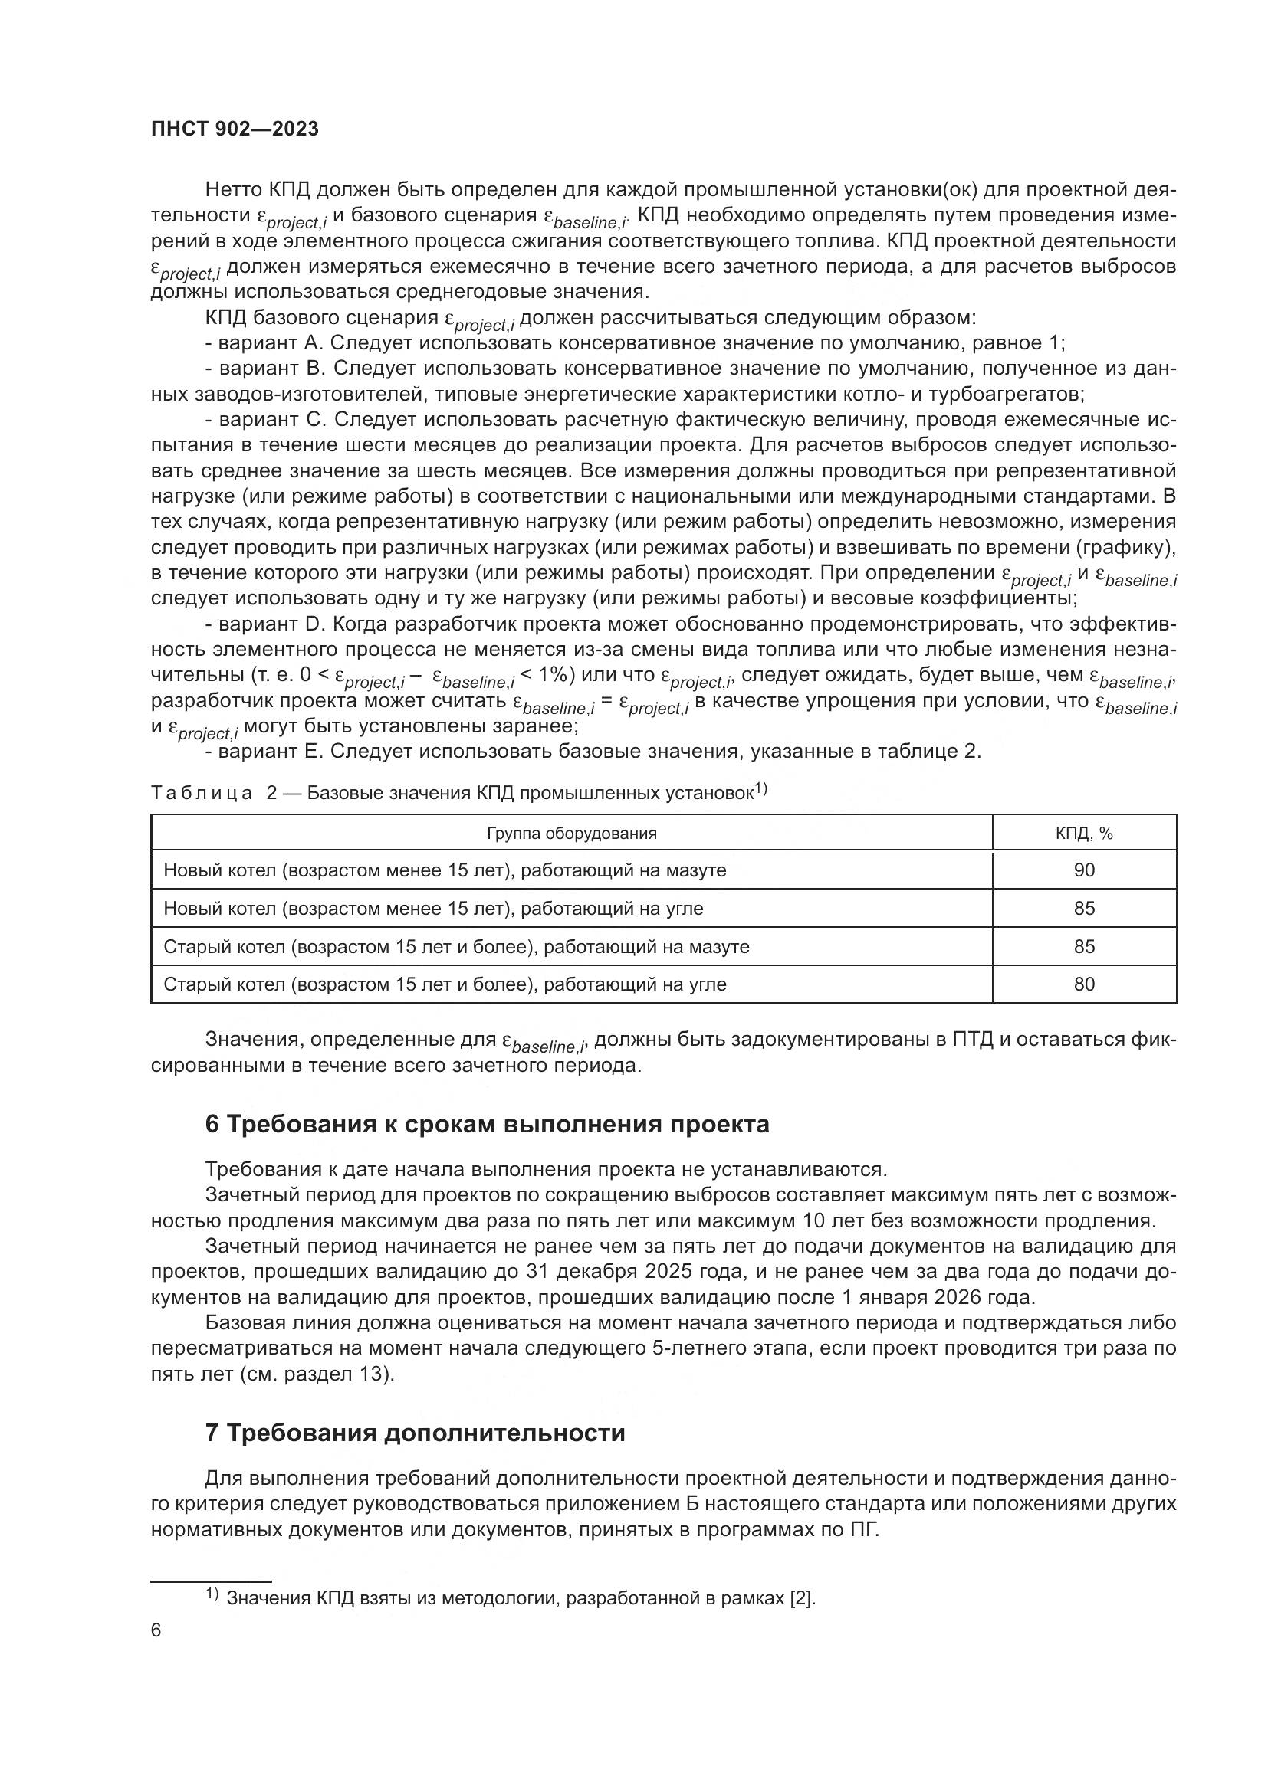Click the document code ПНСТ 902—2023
[235, 129]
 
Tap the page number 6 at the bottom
[156, 1630]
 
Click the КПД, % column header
[1084, 834]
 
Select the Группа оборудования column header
[572, 834]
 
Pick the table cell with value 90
[1084, 870]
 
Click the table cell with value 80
[1084, 984]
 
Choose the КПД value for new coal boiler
[1084, 909]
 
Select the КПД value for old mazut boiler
[1084, 947]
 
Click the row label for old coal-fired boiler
[445, 984]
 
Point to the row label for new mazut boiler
[445, 870]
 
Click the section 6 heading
[488, 1124]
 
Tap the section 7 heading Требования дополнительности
[415, 1433]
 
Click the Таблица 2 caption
[458, 793]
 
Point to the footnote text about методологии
[520, 1597]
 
